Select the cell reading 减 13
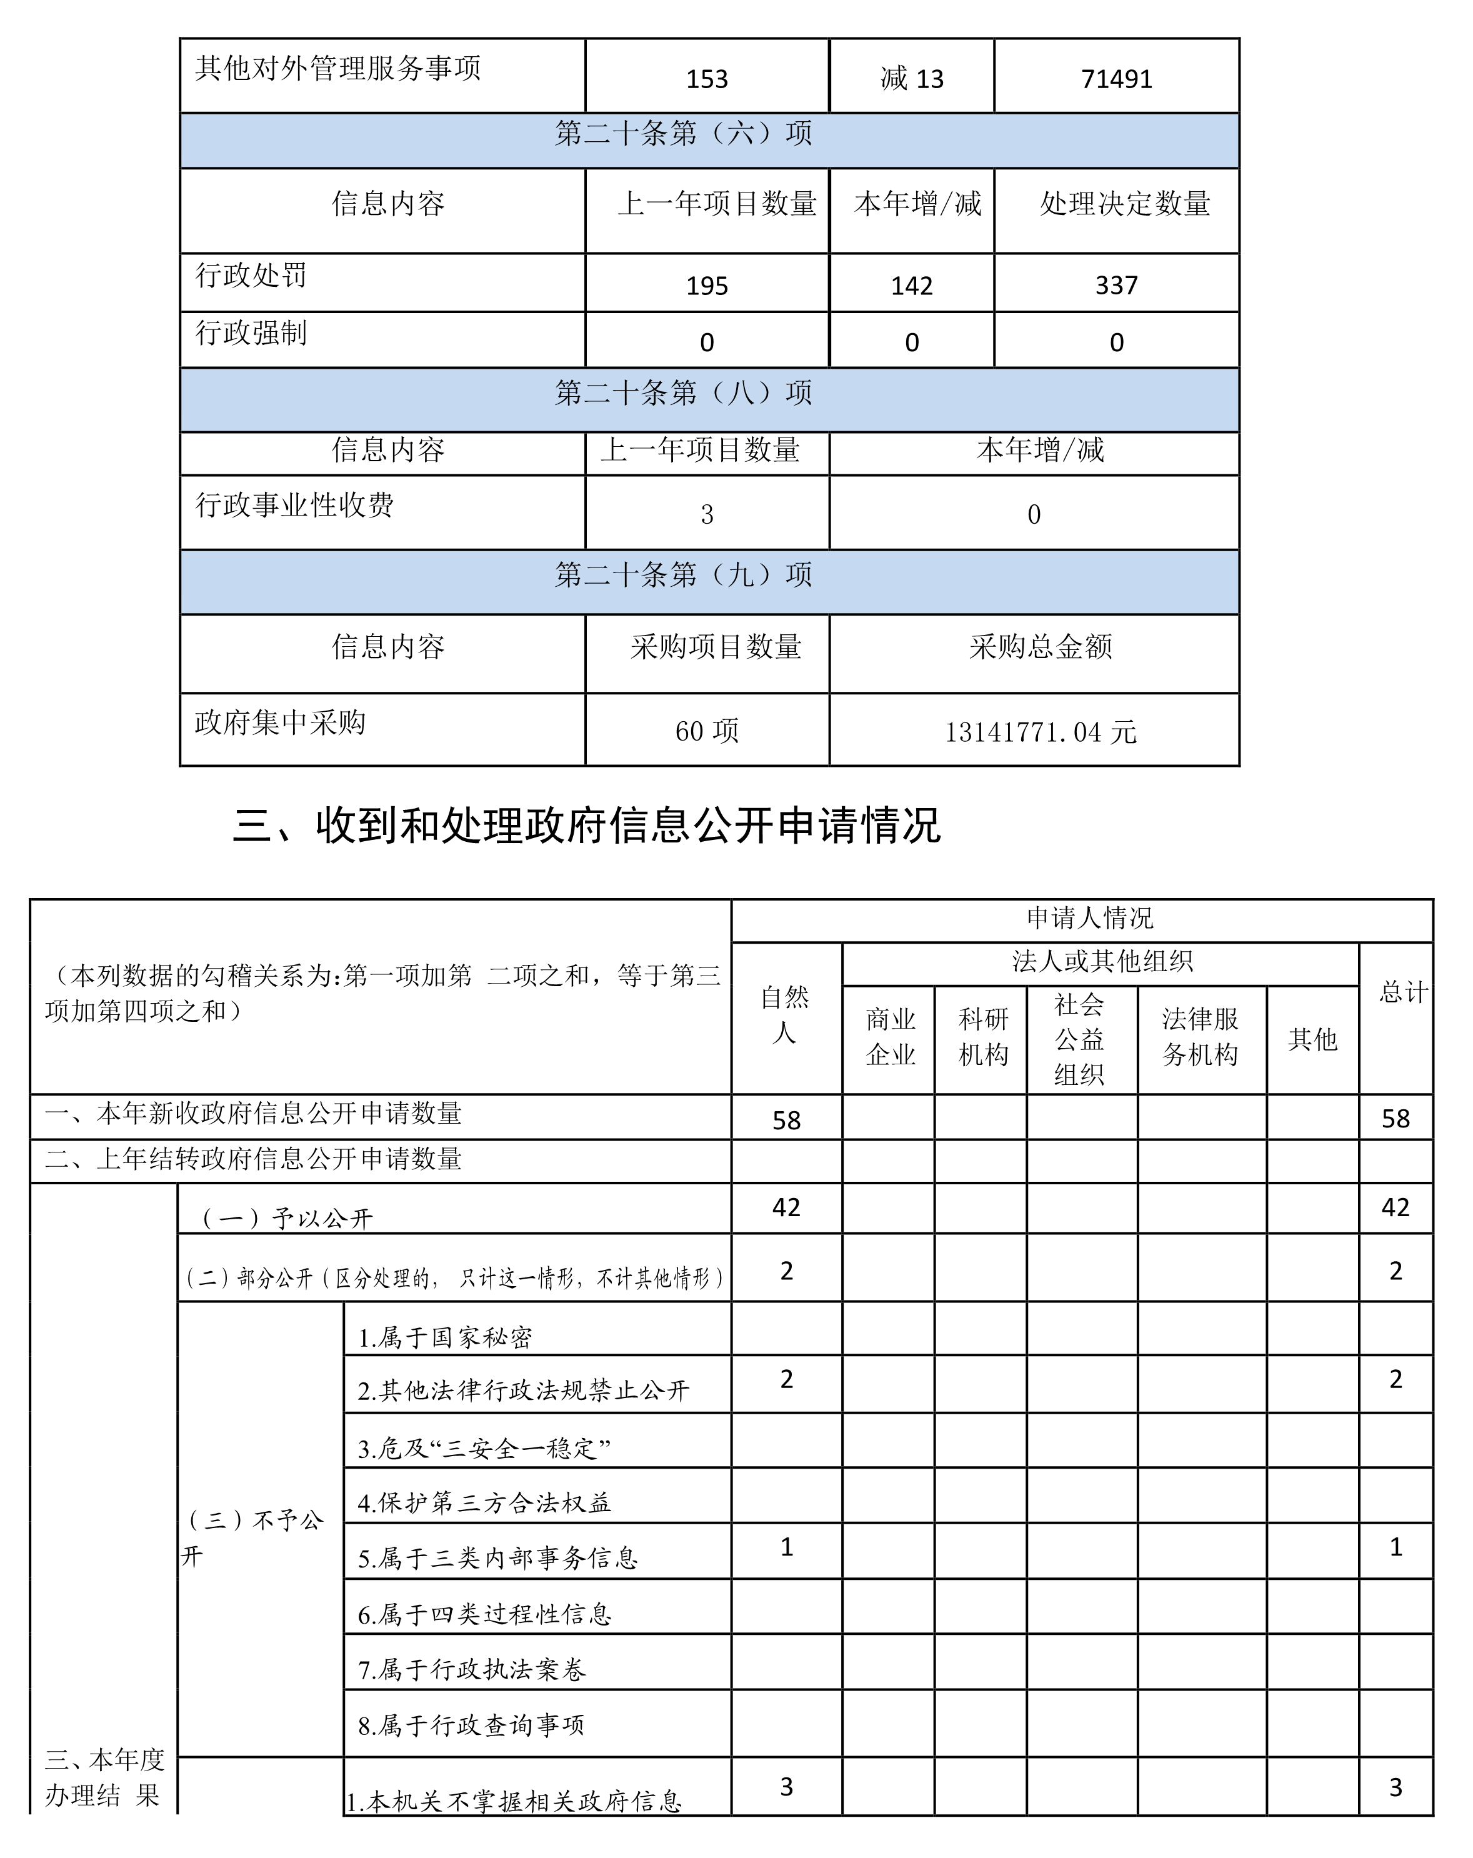click(911, 79)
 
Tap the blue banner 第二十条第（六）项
click(682, 134)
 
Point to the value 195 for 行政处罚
click(706, 285)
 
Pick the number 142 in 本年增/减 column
click(911, 285)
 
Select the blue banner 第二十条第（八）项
click(682, 393)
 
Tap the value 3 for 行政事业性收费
click(706, 514)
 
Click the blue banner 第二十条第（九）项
click(682, 575)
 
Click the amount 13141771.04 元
click(1041, 732)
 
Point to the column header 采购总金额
click(1041, 646)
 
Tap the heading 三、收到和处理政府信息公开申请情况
click(586, 826)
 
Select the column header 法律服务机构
click(1200, 1037)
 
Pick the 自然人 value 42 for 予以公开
click(786, 1207)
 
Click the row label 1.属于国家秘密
click(445, 1337)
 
